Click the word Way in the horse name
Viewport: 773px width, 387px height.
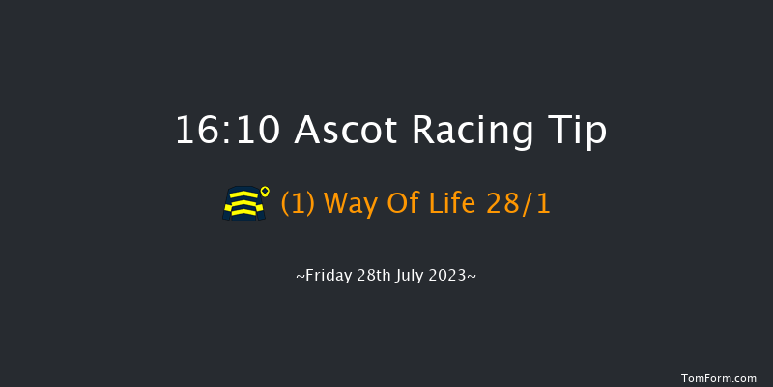point(350,204)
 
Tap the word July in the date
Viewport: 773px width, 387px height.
point(414,276)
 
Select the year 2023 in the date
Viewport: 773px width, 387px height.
point(452,276)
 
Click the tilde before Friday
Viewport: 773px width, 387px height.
point(301,277)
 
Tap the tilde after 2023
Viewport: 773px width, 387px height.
point(472,277)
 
